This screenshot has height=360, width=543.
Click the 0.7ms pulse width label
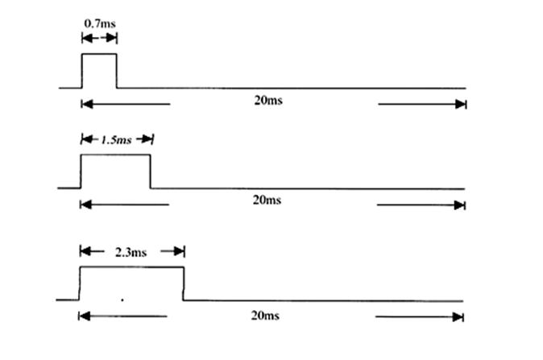100,23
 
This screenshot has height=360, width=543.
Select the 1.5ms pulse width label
116,140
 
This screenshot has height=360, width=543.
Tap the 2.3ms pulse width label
131,252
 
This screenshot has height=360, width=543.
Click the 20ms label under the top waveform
268,100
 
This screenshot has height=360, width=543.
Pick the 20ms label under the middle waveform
267,200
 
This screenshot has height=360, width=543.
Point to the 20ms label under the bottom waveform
265,316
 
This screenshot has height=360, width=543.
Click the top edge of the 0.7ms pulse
99,54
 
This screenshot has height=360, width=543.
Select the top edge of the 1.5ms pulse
116,155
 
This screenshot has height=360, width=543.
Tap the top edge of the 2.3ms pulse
131,267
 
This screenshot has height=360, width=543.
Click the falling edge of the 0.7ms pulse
117,71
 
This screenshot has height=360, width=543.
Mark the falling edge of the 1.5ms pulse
151,172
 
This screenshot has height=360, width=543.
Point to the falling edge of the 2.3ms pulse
184,283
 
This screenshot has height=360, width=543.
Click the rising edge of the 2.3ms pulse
80,283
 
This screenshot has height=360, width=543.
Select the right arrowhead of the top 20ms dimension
461,104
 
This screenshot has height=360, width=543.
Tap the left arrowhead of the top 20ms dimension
87,104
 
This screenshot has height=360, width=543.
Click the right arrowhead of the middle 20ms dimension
459,205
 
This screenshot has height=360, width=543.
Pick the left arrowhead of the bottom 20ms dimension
85,316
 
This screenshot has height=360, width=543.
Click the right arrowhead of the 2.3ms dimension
179,251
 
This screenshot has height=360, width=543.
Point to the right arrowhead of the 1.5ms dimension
147,139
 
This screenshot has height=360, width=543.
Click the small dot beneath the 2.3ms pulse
122,300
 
